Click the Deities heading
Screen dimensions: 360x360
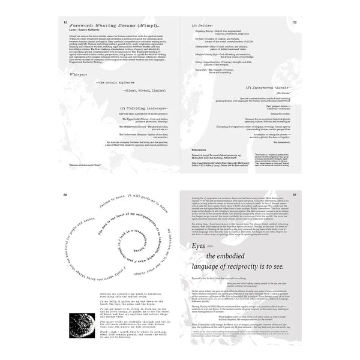click(x=201, y=27)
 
